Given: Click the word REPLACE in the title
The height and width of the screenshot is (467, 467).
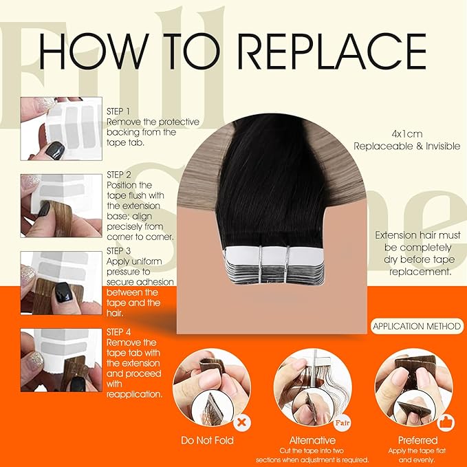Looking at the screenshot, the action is coord(332,51).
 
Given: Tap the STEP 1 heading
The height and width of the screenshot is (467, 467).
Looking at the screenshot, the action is coord(118,111).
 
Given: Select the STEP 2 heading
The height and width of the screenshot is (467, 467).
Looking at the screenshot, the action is coord(119,175).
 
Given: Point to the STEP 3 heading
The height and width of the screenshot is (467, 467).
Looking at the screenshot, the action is coord(118,251).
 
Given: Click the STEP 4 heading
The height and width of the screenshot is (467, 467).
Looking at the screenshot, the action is coord(118,332).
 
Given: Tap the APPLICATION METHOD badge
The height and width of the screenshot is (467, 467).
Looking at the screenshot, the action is coord(417,326).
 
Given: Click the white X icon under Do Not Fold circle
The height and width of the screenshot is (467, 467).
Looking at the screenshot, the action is coord(242,422).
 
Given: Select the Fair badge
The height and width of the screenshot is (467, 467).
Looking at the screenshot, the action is coord(342,422).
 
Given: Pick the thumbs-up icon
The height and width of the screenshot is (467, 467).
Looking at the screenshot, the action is coord(446,422).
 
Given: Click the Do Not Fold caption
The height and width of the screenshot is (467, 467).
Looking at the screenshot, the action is coord(207,440).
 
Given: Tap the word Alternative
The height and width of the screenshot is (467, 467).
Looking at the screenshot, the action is coord(312,440).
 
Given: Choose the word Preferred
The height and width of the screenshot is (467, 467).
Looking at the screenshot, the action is coord(417,440).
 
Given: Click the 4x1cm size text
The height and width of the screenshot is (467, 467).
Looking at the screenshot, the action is coord(407,134).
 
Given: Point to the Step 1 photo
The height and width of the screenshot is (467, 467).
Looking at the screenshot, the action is coord(61,129).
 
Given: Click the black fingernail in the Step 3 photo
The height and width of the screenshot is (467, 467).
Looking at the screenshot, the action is coord(64,292).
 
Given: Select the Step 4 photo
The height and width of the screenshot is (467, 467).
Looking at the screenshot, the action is coord(61,360).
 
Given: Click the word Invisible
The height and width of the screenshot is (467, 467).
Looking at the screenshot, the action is coord(443,146).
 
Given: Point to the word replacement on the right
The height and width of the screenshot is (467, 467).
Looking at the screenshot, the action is coord(420,272).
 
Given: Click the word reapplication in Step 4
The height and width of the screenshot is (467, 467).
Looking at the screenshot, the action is coord(135,395).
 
